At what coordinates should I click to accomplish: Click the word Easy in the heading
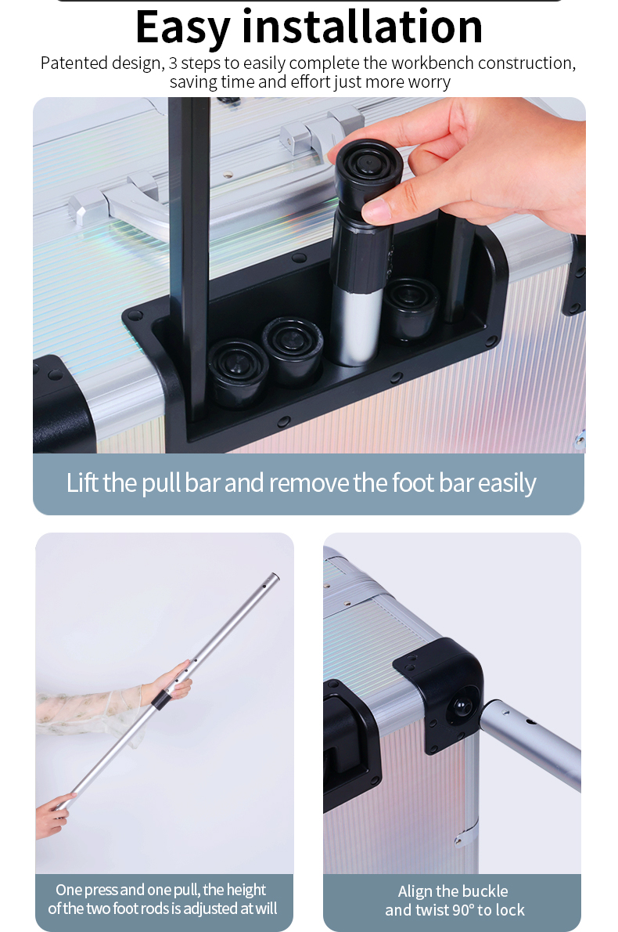tap(183, 28)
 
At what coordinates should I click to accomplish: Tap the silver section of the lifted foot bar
tap(357, 326)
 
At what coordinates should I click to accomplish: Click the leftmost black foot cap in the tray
tap(237, 372)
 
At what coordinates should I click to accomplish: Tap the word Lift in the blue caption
tap(82, 482)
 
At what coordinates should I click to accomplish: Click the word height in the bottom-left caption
tap(246, 890)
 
